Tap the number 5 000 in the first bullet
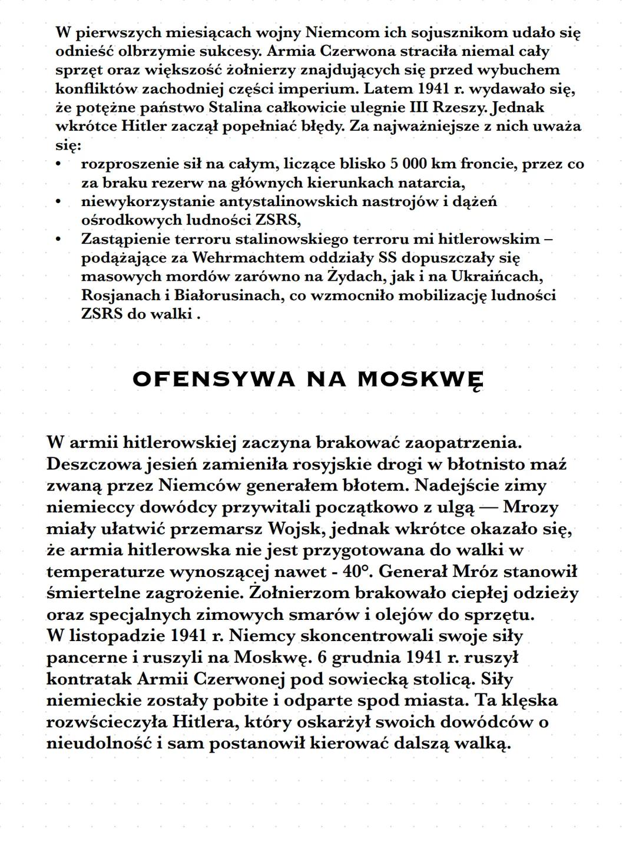pyautogui.click(x=409, y=164)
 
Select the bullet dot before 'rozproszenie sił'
pyautogui.click(x=58, y=164)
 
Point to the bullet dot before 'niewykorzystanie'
pyautogui.click(x=58, y=202)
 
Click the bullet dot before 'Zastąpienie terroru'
pyautogui.click(x=58, y=239)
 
